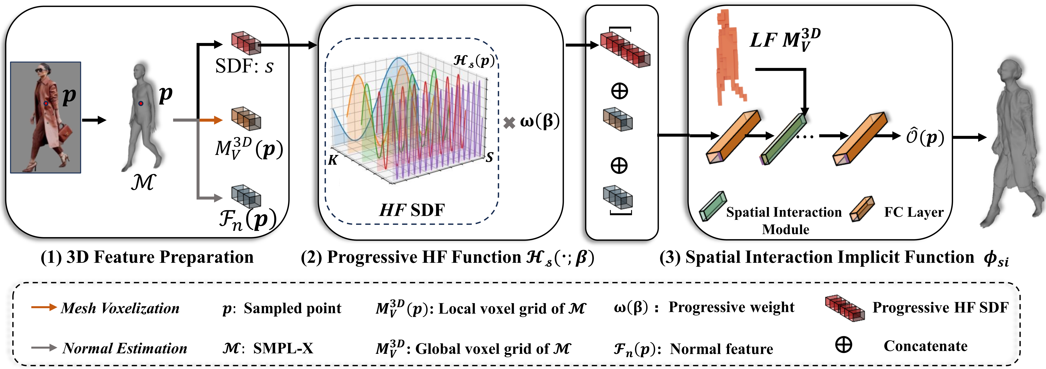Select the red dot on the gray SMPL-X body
coord(141,103)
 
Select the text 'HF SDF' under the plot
coord(412,210)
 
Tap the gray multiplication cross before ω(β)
coord(509,122)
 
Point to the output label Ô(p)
coord(925,137)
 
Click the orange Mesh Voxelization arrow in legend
coord(44,307)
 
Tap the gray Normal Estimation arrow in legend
coord(44,347)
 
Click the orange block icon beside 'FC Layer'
coord(862,209)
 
